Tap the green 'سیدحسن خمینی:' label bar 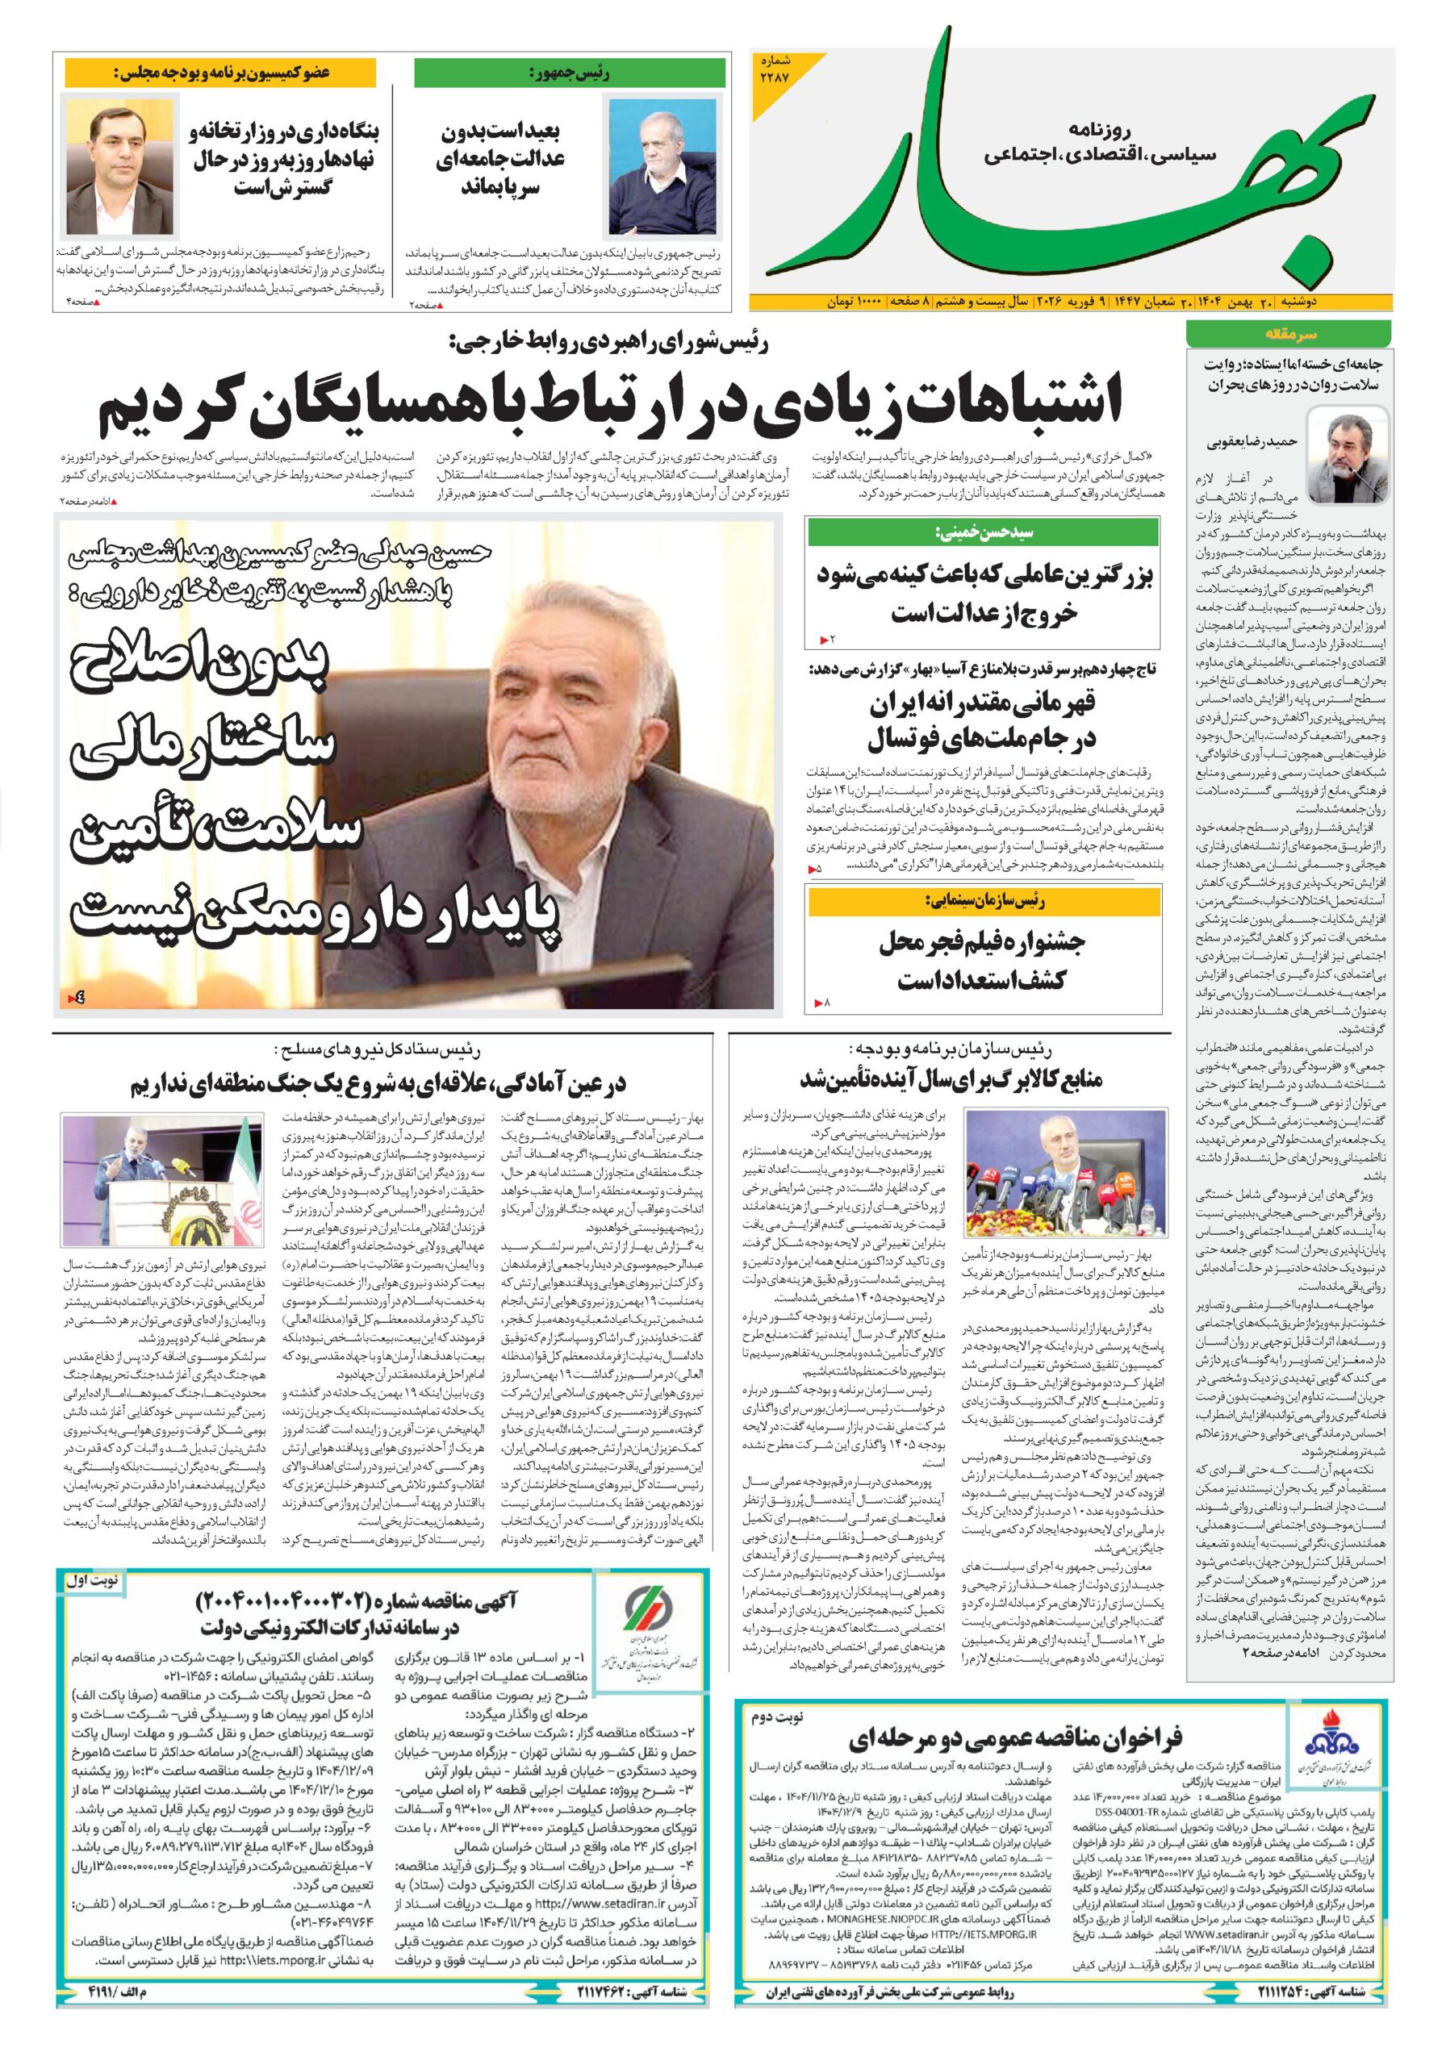click(983, 532)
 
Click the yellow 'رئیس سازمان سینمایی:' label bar click(983, 900)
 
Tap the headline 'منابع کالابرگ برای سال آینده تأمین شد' click(951, 1080)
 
